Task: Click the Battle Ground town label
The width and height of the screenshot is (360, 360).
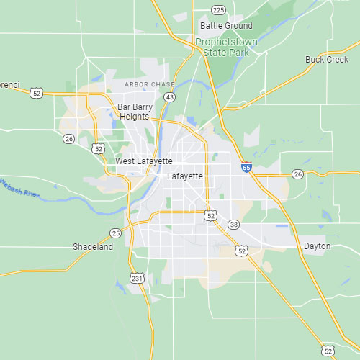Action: [x=226, y=26]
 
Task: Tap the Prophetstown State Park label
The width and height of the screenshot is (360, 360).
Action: [x=227, y=47]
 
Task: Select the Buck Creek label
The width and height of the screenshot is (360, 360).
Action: [x=326, y=60]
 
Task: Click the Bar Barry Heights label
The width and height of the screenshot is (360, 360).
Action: [x=134, y=112]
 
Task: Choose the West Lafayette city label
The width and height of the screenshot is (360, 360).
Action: [x=144, y=161]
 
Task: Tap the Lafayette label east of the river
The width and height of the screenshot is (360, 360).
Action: [x=185, y=176]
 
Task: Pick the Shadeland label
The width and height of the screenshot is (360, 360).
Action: [x=93, y=247]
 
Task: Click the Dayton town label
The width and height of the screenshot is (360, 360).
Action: [x=318, y=246]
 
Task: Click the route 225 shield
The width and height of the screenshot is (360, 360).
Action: [x=219, y=9]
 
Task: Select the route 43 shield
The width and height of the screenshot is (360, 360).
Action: [x=169, y=96]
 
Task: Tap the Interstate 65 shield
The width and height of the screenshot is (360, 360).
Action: [x=246, y=167]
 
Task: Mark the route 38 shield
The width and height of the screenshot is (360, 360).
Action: [x=233, y=225]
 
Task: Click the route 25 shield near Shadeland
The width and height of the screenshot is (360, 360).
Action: [x=115, y=233]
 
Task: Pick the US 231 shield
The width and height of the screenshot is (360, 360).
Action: [x=137, y=278]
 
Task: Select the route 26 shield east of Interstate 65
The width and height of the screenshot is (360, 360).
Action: [x=297, y=174]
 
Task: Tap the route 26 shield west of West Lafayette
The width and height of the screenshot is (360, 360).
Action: [x=68, y=138]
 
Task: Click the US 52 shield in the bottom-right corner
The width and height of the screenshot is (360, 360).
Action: [x=328, y=351]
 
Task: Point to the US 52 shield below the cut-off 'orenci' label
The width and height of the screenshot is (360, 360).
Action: [x=37, y=92]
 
